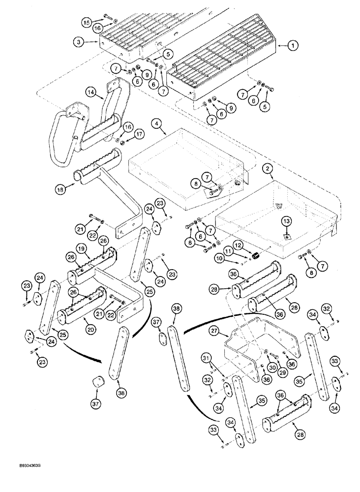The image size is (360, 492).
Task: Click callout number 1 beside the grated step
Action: (292, 46)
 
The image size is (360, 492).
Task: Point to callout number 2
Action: (268, 169)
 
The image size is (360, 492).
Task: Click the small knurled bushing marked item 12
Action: (256, 256)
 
